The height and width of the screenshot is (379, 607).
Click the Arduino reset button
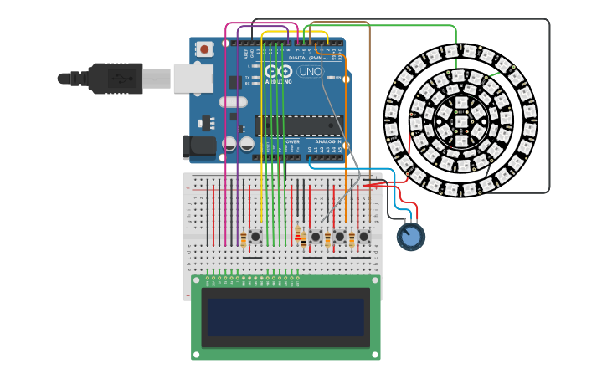click(x=204, y=49)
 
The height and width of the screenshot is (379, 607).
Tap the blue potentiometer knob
click(x=410, y=237)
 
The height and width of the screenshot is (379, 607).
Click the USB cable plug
click(x=117, y=79)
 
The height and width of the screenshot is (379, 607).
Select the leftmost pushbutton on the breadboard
click(x=256, y=237)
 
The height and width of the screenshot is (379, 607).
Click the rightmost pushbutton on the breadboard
click(x=363, y=237)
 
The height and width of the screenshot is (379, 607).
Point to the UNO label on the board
click(x=310, y=73)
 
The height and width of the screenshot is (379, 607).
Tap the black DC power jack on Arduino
click(x=198, y=148)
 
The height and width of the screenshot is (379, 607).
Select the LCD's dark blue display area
click(x=285, y=317)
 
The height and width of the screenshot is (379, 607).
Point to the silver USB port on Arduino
click(x=193, y=79)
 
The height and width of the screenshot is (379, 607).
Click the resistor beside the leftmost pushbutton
click(x=244, y=239)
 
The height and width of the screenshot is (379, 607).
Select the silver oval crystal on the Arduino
click(x=234, y=102)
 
